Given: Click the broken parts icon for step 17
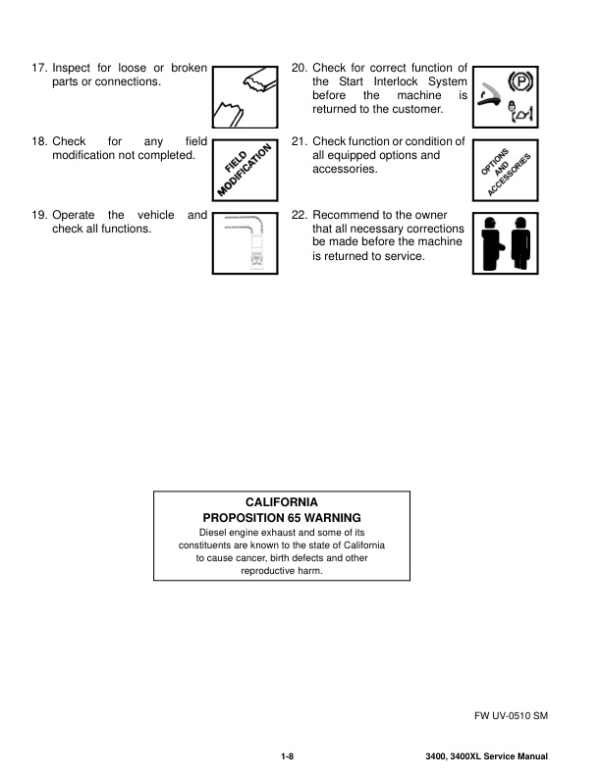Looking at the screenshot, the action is coord(245,97).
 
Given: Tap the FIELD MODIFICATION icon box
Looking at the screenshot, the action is coord(245,171).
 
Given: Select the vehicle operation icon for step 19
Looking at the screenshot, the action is coord(245,243).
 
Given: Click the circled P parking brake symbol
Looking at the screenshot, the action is coord(520,81).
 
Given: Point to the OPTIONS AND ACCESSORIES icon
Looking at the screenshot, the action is coord(506,171).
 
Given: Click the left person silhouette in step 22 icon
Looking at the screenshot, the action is coord(492,243).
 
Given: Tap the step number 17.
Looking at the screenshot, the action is coord(39,68).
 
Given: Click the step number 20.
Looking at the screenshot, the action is coord(300,68).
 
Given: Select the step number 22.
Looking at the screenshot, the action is coord(300,215).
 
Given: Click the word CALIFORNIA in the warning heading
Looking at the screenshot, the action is coord(282,502).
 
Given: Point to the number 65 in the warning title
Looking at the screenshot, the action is coord(295,518).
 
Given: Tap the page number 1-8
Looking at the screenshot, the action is coord(288,756).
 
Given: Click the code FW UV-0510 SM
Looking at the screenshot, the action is coord(512,715).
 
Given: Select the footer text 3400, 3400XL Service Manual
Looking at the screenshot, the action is coord(486,756).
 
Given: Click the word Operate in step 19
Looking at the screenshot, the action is coord(74,215).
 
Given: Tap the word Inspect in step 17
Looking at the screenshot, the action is coord(72,68).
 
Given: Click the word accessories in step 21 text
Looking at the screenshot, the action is coord(345,169).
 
